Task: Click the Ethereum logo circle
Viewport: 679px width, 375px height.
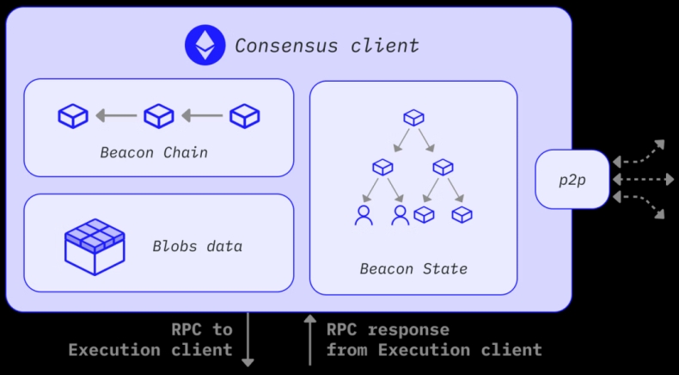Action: tap(205, 45)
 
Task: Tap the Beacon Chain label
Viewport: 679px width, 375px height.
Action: tap(154, 153)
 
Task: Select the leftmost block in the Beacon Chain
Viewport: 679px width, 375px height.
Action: tap(73, 114)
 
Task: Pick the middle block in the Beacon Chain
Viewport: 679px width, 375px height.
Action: tap(158, 114)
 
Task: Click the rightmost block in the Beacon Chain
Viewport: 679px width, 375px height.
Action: tap(245, 114)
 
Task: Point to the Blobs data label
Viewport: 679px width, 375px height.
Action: tap(197, 246)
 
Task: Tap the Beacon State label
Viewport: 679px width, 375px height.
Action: tap(413, 269)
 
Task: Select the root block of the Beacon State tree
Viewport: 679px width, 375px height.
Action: tap(413, 117)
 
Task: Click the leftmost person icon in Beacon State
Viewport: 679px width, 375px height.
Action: tap(364, 215)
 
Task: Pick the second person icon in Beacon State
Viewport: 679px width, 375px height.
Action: tap(400, 215)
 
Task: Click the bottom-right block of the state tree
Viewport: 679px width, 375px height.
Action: tap(462, 214)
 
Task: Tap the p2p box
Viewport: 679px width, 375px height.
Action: tap(572, 179)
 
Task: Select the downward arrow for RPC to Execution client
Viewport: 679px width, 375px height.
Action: tap(248, 340)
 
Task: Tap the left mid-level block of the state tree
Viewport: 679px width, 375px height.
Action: tap(382, 166)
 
